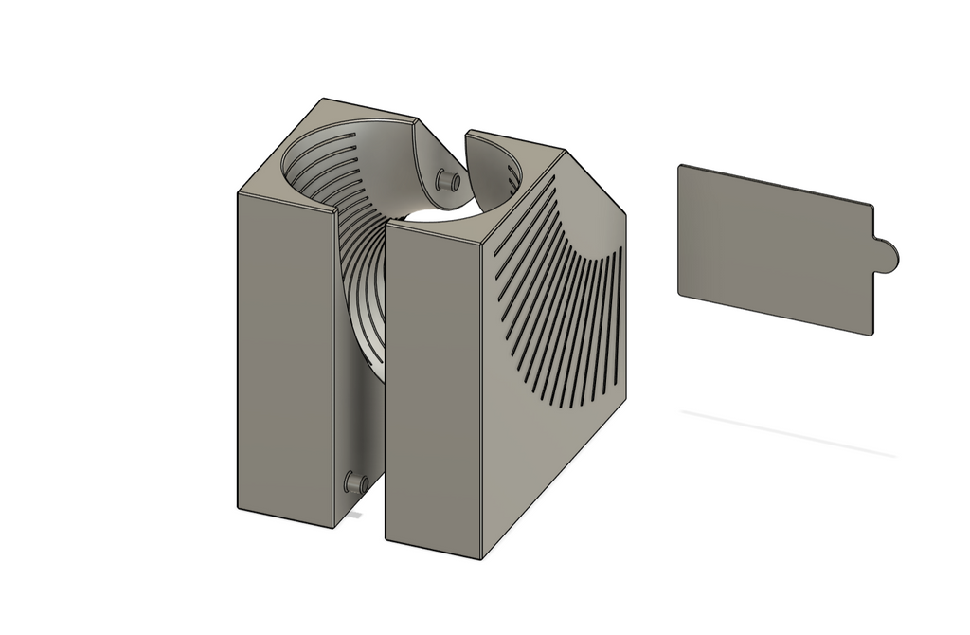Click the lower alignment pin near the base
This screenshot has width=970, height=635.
[x=357, y=482]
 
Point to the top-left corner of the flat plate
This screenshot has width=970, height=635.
[x=680, y=167]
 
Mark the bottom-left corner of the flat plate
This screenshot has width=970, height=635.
[x=679, y=293]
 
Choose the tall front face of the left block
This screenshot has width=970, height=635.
[x=283, y=360]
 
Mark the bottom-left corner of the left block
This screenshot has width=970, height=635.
[x=237, y=506]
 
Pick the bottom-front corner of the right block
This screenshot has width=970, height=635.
[x=482, y=557]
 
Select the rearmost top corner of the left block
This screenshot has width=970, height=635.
[x=322, y=98]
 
